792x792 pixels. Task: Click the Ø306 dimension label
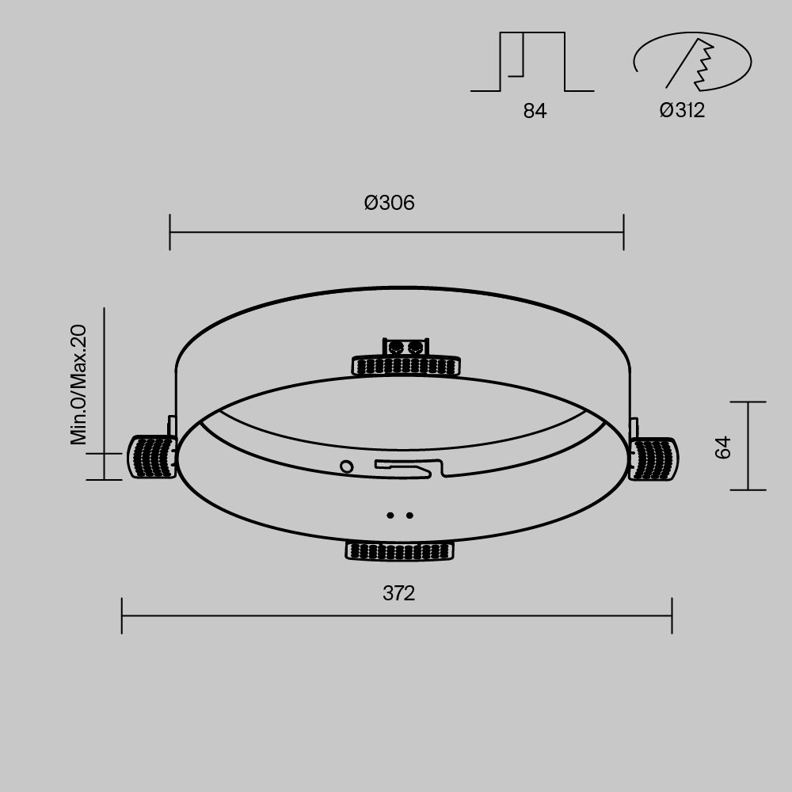(389, 203)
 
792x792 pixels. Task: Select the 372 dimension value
(398, 593)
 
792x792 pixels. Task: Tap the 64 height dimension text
(722, 447)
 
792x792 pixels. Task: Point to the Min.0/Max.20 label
(78, 385)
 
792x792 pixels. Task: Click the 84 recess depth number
(535, 111)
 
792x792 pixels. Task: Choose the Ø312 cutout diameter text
(682, 110)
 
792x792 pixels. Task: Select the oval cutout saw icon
(691, 63)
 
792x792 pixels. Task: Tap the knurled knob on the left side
(152, 457)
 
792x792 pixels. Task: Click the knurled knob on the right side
(654, 458)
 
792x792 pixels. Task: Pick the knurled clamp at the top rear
(406, 364)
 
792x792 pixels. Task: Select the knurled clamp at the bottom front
(400, 550)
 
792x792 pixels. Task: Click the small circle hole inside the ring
(346, 466)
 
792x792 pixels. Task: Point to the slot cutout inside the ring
(408, 468)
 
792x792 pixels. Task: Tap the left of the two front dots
(390, 516)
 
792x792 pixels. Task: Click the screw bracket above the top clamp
(406, 346)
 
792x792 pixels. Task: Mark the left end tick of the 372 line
(122, 615)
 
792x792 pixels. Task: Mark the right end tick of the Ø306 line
(624, 232)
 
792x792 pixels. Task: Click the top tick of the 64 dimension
(747, 402)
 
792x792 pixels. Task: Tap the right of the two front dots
(409, 516)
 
